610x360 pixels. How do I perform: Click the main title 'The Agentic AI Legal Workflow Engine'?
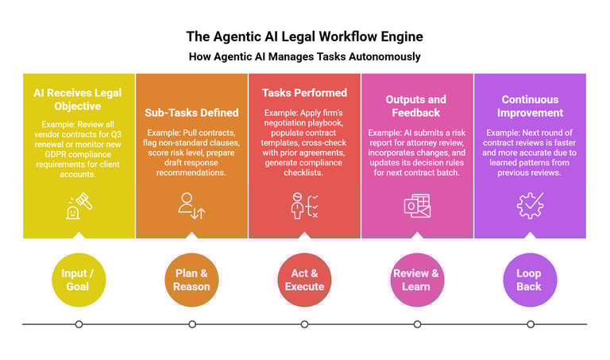[305, 37]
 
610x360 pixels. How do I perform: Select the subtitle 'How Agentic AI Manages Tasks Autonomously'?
[305, 56]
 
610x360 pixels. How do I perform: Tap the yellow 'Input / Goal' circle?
[79, 280]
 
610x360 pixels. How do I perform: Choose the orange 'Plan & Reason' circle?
[192, 280]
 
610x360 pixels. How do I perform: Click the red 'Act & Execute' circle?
[304, 280]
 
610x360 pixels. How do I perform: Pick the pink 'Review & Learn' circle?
[416, 280]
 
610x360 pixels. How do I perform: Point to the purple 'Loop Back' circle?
[529, 280]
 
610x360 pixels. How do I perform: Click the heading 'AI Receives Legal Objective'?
[79, 99]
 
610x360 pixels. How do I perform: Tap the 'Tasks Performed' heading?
[304, 93]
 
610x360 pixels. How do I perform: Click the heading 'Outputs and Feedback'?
[416, 106]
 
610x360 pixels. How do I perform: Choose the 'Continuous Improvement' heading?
[529, 106]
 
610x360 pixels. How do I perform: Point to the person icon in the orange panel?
[192, 205]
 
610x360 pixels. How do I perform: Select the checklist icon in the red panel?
[304, 205]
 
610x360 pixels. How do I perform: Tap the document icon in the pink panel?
[416, 205]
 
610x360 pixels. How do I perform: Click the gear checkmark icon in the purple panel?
[529, 205]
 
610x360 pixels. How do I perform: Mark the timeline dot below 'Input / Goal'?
[79, 324]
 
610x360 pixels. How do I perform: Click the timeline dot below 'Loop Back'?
[529, 324]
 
